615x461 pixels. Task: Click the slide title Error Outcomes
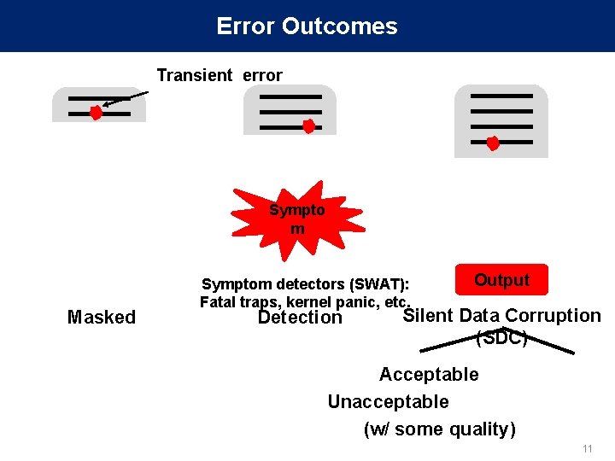click(307, 26)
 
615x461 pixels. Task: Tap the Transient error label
click(219, 75)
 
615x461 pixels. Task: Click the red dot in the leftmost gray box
click(97, 113)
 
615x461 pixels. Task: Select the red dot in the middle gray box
click(309, 127)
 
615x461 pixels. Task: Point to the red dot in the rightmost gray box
click(493, 143)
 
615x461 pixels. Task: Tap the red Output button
click(501, 280)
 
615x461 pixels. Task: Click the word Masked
click(101, 318)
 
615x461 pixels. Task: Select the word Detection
click(300, 318)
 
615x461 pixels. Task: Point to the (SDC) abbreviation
click(501, 337)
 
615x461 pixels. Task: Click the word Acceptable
click(429, 374)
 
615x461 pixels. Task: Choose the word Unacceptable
click(388, 401)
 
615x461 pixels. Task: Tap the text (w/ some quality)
click(439, 429)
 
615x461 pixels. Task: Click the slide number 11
click(587, 449)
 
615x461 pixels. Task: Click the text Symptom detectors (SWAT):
click(305, 283)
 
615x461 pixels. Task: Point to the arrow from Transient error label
click(127, 98)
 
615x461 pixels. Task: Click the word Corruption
click(553, 316)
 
